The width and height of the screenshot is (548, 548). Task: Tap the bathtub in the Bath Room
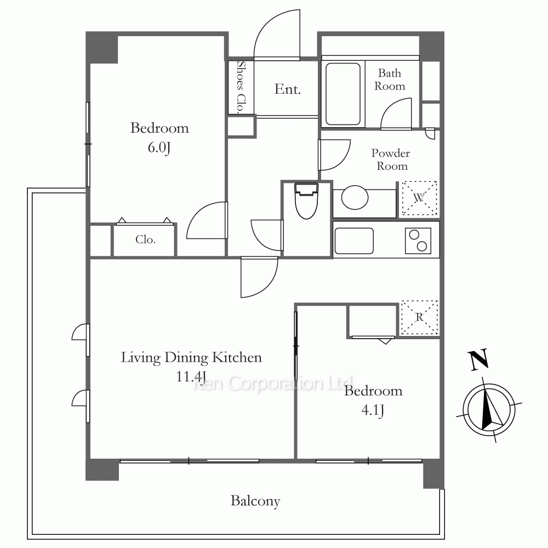(343, 94)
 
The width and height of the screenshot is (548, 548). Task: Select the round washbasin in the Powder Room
(355, 197)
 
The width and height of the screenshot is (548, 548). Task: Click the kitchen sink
(354, 241)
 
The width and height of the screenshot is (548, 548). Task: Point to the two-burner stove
(418, 241)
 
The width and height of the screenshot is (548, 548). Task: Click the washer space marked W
(419, 198)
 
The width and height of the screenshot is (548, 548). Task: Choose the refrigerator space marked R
(419, 317)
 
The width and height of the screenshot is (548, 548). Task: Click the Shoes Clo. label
(241, 87)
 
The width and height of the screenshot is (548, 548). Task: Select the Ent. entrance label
(287, 89)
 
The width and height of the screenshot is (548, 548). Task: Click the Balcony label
(255, 501)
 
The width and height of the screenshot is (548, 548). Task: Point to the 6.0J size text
(159, 147)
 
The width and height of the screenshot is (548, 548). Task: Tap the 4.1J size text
(373, 410)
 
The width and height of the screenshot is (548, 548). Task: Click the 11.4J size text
(191, 377)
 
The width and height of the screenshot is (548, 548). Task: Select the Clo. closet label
(145, 239)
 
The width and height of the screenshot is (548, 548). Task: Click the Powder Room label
(391, 159)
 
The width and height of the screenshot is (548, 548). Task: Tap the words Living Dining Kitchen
(191, 357)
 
